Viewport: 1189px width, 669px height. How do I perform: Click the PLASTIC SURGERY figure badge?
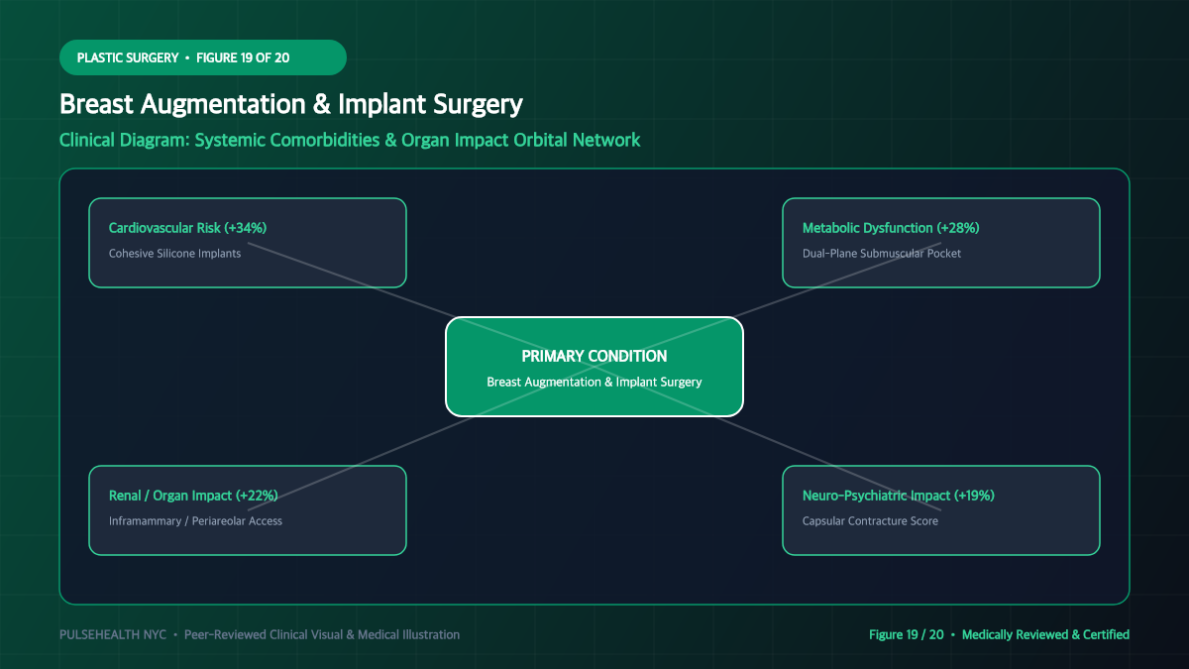click(203, 57)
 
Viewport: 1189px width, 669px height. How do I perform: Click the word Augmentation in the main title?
click(223, 104)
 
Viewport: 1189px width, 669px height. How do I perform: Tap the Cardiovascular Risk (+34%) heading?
click(187, 228)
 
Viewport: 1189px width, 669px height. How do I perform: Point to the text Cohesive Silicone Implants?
click(174, 254)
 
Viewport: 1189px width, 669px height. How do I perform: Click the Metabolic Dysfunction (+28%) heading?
click(891, 228)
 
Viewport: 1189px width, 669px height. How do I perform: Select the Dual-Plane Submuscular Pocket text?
click(882, 254)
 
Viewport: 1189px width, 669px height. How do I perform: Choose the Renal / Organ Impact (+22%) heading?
click(193, 496)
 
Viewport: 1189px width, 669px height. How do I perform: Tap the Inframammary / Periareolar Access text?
click(195, 521)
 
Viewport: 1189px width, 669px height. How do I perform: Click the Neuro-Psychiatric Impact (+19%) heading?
click(898, 496)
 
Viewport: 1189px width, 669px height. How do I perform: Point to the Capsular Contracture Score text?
click(870, 521)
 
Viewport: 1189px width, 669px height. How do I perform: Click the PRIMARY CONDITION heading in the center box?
click(594, 356)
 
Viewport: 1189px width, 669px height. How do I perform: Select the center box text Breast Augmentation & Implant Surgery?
click(594, 382)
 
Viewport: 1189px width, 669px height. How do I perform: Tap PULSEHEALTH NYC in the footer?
click(113, 634)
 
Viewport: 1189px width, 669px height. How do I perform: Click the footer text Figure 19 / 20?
click(906, 634)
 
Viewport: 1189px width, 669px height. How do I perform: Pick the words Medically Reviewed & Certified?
click(1045, 634)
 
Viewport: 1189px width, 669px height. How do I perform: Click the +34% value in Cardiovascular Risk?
click(246, 228)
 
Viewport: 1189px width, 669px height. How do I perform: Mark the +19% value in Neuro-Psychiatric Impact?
click(974, 496)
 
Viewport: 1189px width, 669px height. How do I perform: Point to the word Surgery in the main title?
click(478, 104)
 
